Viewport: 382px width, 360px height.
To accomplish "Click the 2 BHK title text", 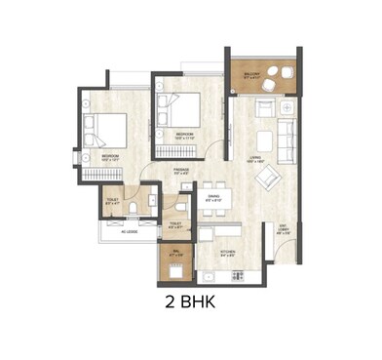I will coord(190,302).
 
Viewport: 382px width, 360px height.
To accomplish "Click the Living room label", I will coord(255,161).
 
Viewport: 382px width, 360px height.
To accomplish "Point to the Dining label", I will coord(215,195).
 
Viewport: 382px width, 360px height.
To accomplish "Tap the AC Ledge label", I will coord(130,232).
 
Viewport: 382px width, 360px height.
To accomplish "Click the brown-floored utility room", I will coord(175,261).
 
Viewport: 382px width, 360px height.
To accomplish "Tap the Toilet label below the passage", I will coord(177,223).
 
